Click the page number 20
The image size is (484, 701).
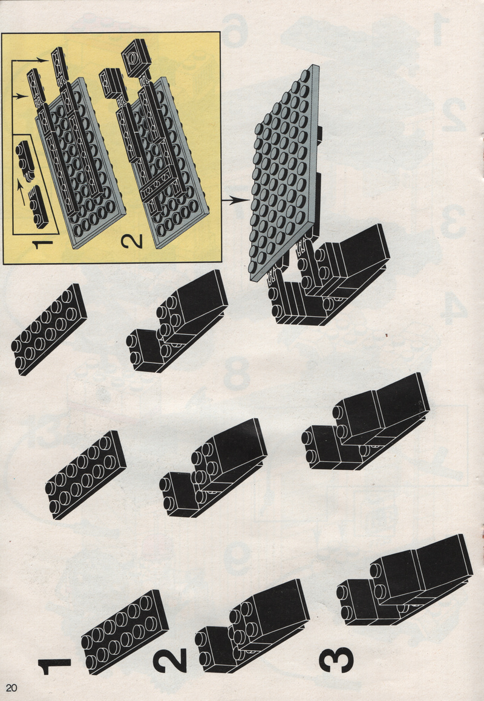pyautogui.click(x=11, y=687)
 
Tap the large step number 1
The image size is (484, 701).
pyautogui.click(x=54, y=666)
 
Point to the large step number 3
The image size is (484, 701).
pyautogui.click(x=336, y=659)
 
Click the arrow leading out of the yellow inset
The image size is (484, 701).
pyautogui.click(x=235, y=201)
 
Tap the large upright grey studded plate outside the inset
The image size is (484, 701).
pyautogui.click(x=285, y=172)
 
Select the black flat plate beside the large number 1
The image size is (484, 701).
pyautogui.click(x=125, y=631)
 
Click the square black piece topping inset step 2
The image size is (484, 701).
pyautogui.click(x=137, y=57)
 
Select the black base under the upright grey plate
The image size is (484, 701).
pyautogui.click(x=329, y=275)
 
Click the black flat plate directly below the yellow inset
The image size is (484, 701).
pyautogui.click(x=49, y=330)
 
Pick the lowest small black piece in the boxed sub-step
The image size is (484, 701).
pyautogui.click(x=38, y=207)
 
